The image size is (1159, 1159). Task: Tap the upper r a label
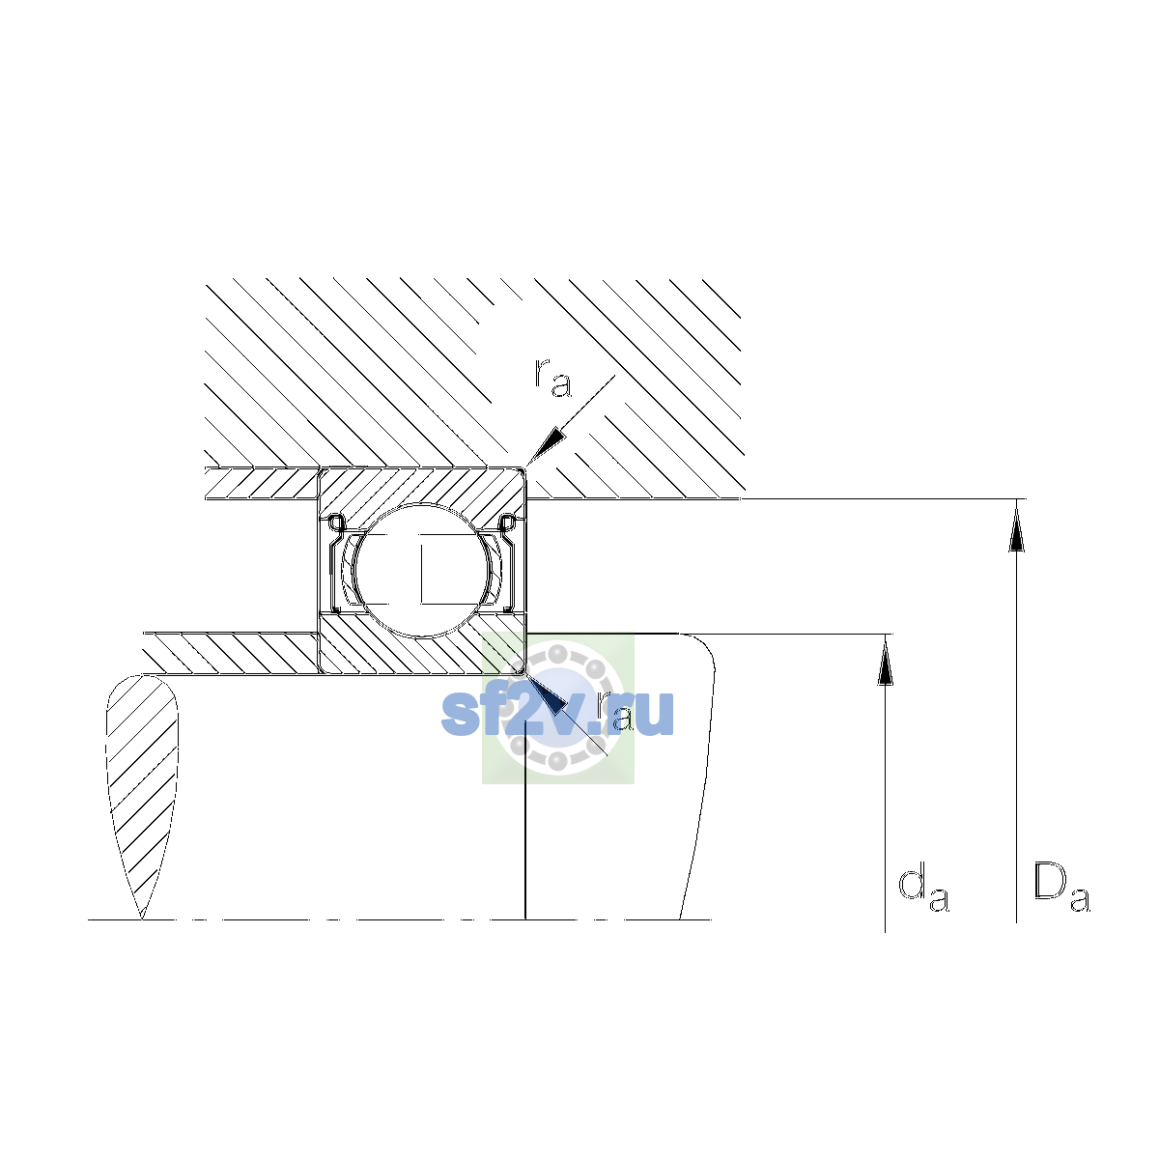(552, 378)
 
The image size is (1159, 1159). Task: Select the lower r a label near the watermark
(614, 710)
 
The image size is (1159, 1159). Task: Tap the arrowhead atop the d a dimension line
(885, 660)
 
